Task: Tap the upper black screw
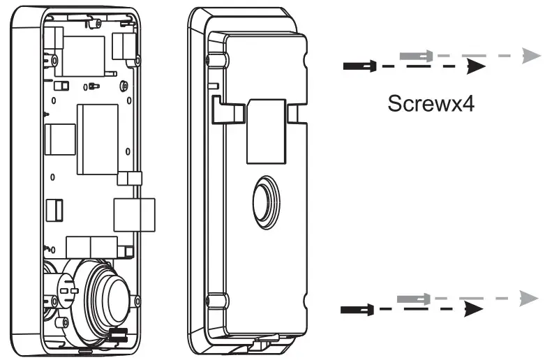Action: pos(360,66)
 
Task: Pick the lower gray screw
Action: pos(412,299)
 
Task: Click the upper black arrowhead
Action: pos(477,66)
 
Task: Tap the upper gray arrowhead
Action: pos(530,55)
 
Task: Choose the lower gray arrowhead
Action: pos(528,299)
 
